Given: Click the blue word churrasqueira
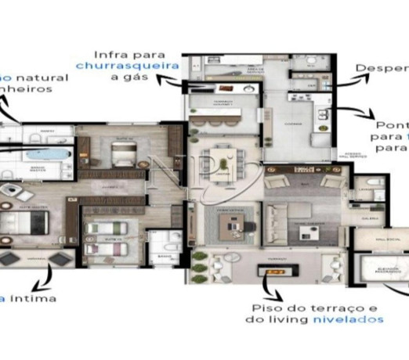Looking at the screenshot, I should coord(127,67).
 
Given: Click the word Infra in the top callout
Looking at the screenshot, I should coord(110,55).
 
